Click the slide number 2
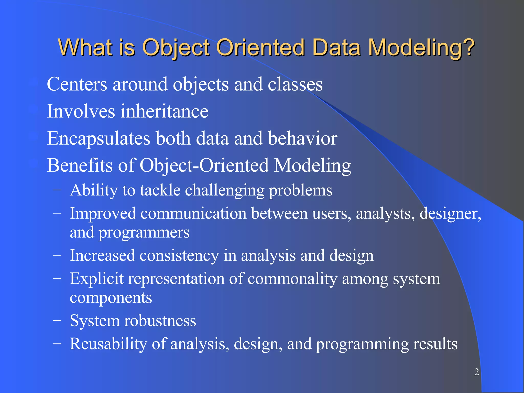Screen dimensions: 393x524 coord(476,372)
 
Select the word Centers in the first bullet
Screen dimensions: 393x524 coord(77,84)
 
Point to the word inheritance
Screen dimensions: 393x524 coord(165,111)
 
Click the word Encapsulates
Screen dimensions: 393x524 coord(99,139)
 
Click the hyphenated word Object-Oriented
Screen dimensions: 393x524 coord(204,166)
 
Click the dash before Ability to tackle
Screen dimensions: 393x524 coord(57,190)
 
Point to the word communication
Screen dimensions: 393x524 coord(193,213)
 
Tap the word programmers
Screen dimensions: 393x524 coord(144,233)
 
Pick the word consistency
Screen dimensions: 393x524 coord(179,256)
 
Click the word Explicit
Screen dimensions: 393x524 coord(97,279)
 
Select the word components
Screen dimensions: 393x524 coord(111,298)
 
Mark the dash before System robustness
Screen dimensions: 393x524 coord(57,321)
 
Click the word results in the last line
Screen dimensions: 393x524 coord(435,344)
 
